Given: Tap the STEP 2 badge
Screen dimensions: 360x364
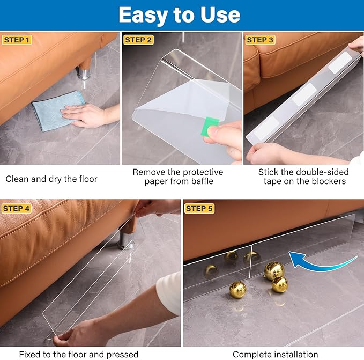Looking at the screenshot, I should (138, 40).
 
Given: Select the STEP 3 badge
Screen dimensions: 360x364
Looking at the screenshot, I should (260, 40).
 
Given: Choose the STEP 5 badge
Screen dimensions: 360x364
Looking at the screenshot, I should (199, 208).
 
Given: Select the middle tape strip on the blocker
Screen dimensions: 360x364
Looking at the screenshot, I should (304, 94).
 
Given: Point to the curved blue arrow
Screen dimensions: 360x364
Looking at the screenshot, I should (322, 262).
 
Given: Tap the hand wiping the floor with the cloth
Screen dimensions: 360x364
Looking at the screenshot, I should (87, 114).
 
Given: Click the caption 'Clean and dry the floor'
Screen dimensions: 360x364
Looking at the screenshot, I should (51, 179).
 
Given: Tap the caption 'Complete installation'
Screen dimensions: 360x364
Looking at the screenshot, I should (275, 354).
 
